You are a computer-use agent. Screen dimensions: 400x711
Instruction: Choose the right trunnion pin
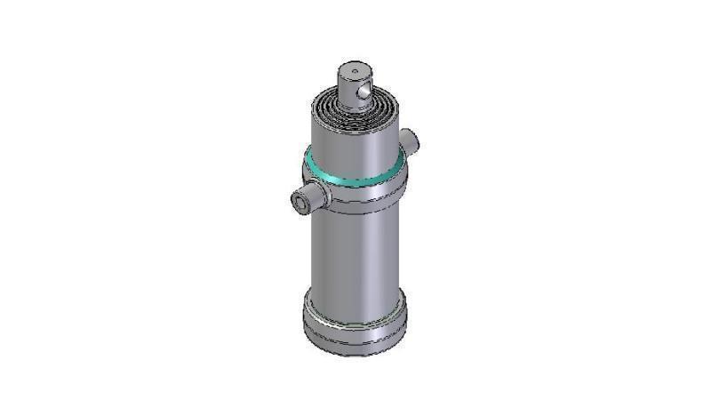[410, 138]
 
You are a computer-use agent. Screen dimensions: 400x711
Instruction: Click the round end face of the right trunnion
[413, 138]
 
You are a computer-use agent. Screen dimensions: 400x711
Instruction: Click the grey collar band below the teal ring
[355, 197]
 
